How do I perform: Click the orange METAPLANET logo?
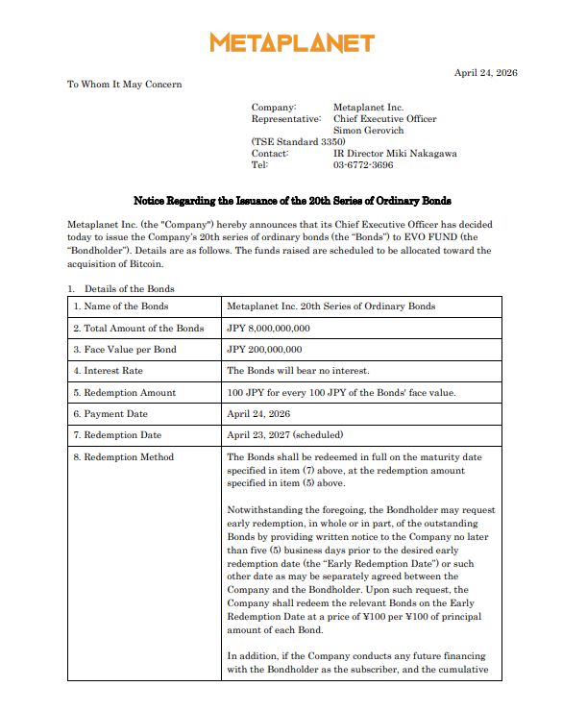(292, 43)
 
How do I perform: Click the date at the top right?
(485, 73)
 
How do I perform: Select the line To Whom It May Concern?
(124, 85)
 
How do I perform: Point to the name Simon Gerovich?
(369, 130)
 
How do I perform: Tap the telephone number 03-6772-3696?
(363, 165)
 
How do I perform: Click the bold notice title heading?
(292, 201)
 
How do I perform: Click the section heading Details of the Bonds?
(129, 288)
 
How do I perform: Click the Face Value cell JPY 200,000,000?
(264, 350)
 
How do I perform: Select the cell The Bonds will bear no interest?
(297, 371)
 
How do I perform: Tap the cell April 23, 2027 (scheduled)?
(284, 435)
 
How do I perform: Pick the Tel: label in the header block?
(260, 165)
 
